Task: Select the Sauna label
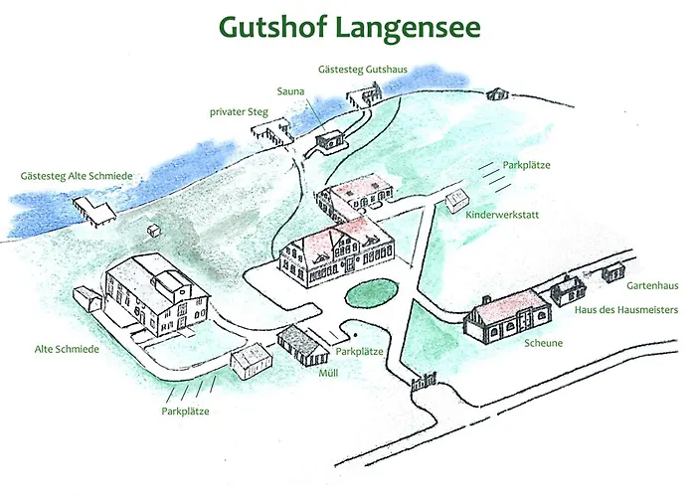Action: pos(290,90)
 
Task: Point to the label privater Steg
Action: pos(239,112)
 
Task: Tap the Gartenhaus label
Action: pos(651,285)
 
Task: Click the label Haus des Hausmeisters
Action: pos(626,310)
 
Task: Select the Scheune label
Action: pos(544,343)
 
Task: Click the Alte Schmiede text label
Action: pos(67,350)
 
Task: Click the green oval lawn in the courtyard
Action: pos(370,294)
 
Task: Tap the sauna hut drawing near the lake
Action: pos(328,140)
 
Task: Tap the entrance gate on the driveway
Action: pos(424,380)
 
